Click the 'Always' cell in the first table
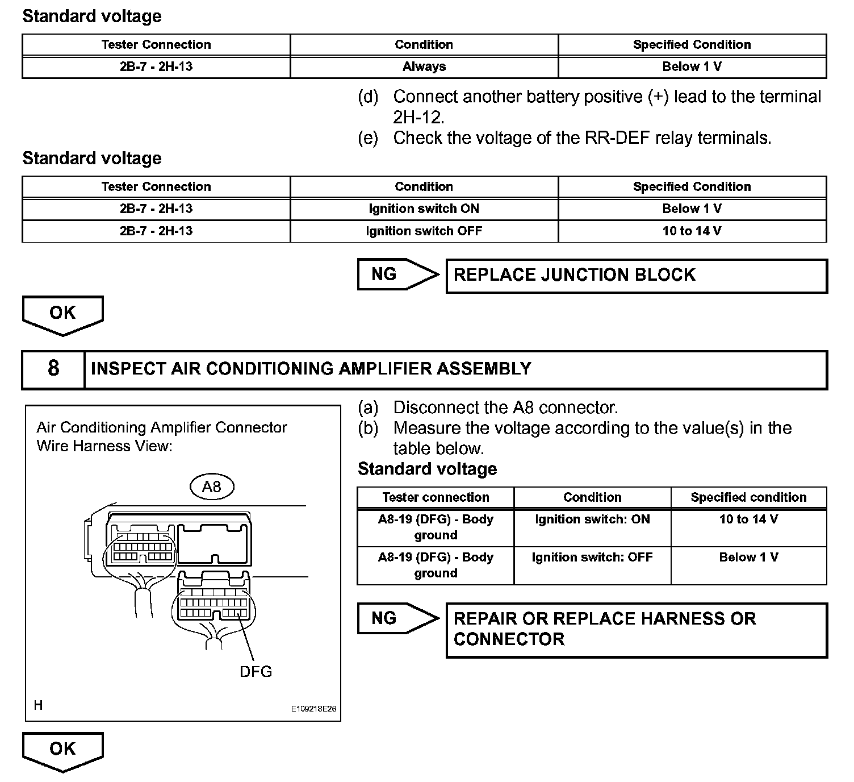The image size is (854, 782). click(x=424, y=66)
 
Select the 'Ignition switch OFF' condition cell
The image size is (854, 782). click(x=424, y=231)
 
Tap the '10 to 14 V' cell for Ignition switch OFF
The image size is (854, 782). click(x=692, y=231)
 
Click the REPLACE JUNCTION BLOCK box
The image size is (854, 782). click(x=636, y=276)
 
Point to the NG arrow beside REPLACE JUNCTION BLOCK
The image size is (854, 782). click(x=397, y=274)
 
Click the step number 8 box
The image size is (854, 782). click(x=53, y=369)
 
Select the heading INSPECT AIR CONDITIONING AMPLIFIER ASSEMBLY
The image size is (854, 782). click(x=311, y=369)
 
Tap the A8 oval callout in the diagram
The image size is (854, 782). click(x=211, y=486)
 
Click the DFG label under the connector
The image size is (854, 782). click(x=256, y=672)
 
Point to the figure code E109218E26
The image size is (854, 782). click(x=313, y=709)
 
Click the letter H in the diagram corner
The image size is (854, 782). click(x=38, y=705)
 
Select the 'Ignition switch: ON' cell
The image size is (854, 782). click(x=592, y=519)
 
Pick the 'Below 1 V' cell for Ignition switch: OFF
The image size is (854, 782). click(x=748, y=558)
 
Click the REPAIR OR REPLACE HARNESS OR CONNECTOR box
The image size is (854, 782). click(x=636, y=630)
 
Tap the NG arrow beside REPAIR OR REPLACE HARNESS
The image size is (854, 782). click(x=397, y=618)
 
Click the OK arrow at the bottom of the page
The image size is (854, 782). click(x=62, y=750)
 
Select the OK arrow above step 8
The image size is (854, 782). click(x=62, y=314)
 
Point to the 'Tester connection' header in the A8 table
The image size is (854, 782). click(x=436, y=497)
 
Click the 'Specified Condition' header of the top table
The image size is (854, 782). click(x=692, y=44)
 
